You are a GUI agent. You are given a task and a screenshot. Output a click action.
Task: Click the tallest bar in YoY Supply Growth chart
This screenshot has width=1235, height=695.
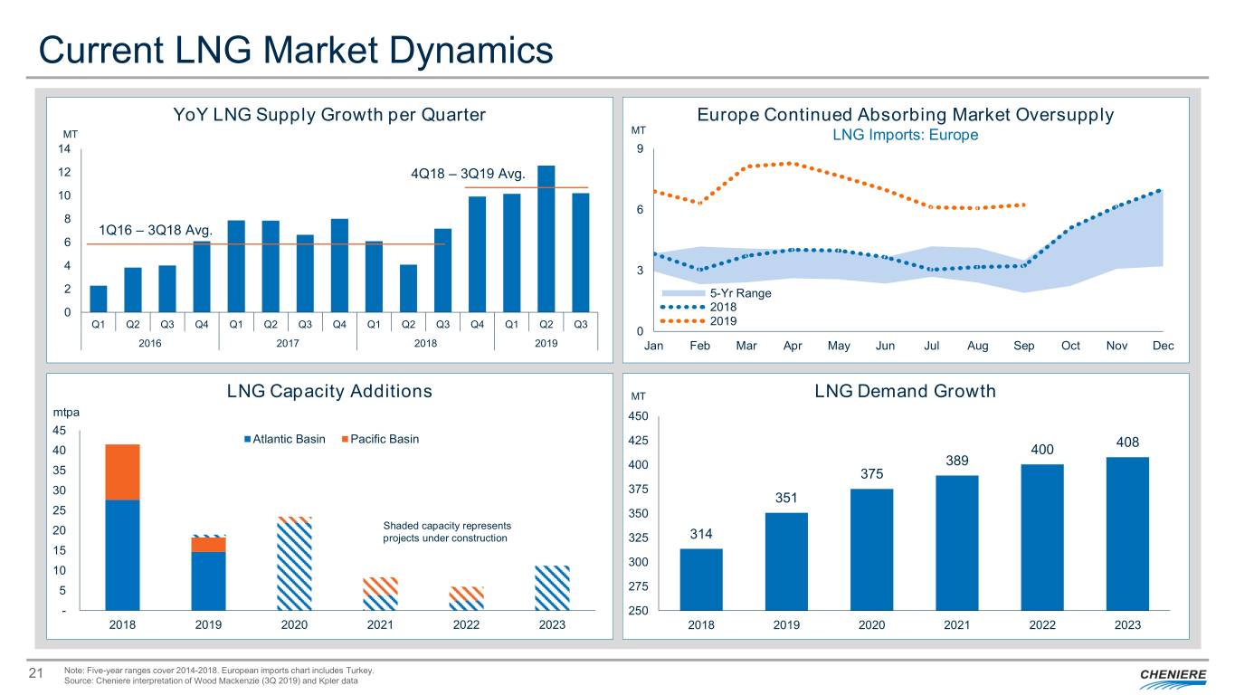(x=546, y=239)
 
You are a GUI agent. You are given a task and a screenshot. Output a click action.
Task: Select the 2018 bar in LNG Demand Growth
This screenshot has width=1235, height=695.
(x=701, y=579)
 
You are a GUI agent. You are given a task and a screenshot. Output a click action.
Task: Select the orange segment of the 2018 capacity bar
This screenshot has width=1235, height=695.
(x=122, y=471)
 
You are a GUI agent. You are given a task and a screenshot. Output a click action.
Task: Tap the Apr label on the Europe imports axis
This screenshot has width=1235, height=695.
(x=793, y=347)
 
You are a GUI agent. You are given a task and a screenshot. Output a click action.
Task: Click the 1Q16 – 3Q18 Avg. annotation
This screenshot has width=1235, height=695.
(x=155, y=230)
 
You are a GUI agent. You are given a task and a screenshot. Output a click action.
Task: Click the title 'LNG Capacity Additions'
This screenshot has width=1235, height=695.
(x=329, y=392)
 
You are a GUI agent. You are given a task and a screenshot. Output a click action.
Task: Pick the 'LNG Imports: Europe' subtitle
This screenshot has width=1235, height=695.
(x=905, y=136)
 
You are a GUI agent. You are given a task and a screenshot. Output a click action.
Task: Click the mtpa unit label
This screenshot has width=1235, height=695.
(x=66, y=413)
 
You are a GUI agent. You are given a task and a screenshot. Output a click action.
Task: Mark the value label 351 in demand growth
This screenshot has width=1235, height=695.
(x=785, y=498)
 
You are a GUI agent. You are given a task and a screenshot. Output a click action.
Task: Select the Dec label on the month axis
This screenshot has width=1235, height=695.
(x=1163, y=347)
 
